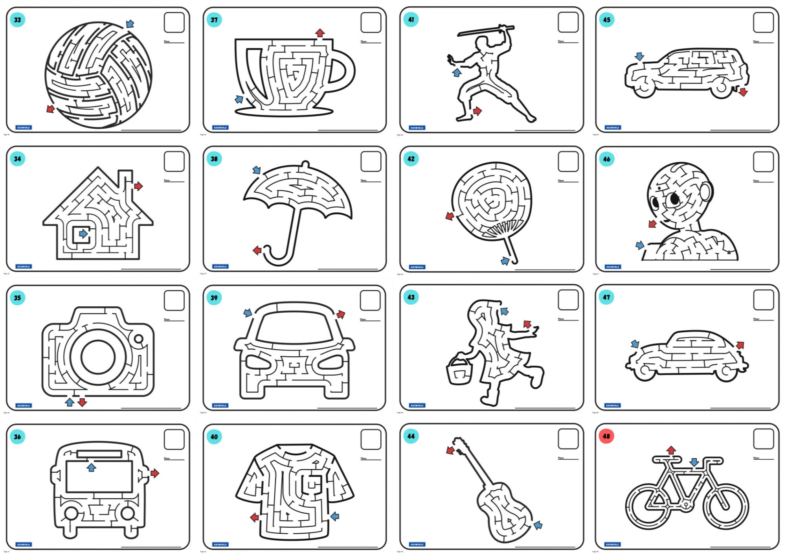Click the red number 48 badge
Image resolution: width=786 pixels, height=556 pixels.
(x=606, y=436)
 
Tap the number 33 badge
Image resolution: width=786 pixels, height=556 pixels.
(x=17, y=20)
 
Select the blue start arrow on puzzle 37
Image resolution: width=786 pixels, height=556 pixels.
(x=239, y=99)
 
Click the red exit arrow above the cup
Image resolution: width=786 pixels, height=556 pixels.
(x=320, y=33)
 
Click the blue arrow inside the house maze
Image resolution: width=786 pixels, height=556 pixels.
(x=83, y=234)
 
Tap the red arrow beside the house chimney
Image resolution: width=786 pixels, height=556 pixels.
(x=138, y=186)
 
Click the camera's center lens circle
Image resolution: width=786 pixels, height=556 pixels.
(x=98, y=358)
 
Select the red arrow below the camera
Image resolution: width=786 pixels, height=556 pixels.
(x=82, y=402)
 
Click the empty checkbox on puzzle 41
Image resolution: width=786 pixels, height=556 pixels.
(x=568, y=22)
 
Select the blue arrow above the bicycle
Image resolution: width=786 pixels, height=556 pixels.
(x=694, y=462)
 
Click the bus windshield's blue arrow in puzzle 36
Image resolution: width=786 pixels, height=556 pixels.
(x=91, y=467)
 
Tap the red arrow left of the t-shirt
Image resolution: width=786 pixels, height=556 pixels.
(x=255, y=517)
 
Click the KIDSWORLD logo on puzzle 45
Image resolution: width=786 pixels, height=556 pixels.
(x=612, y=127)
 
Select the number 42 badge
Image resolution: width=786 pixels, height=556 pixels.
(x=411, y=159)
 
